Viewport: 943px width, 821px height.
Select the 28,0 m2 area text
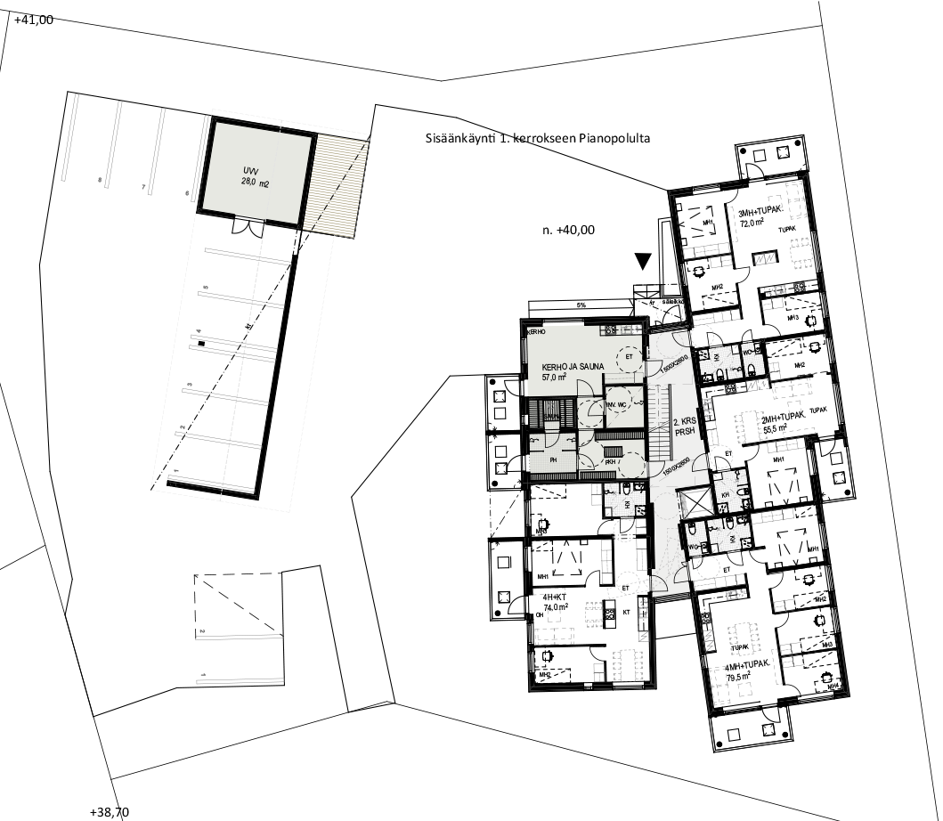click(255, 182)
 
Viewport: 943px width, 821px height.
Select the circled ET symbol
click(629, 357)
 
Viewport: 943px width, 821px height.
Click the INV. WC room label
click(617, 404)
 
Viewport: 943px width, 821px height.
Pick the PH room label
click(552, 460)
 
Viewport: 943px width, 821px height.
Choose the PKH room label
click(611, 463)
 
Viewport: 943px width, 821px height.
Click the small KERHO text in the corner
click(536, 332)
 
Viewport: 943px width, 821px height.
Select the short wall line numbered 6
click(113, 142)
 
